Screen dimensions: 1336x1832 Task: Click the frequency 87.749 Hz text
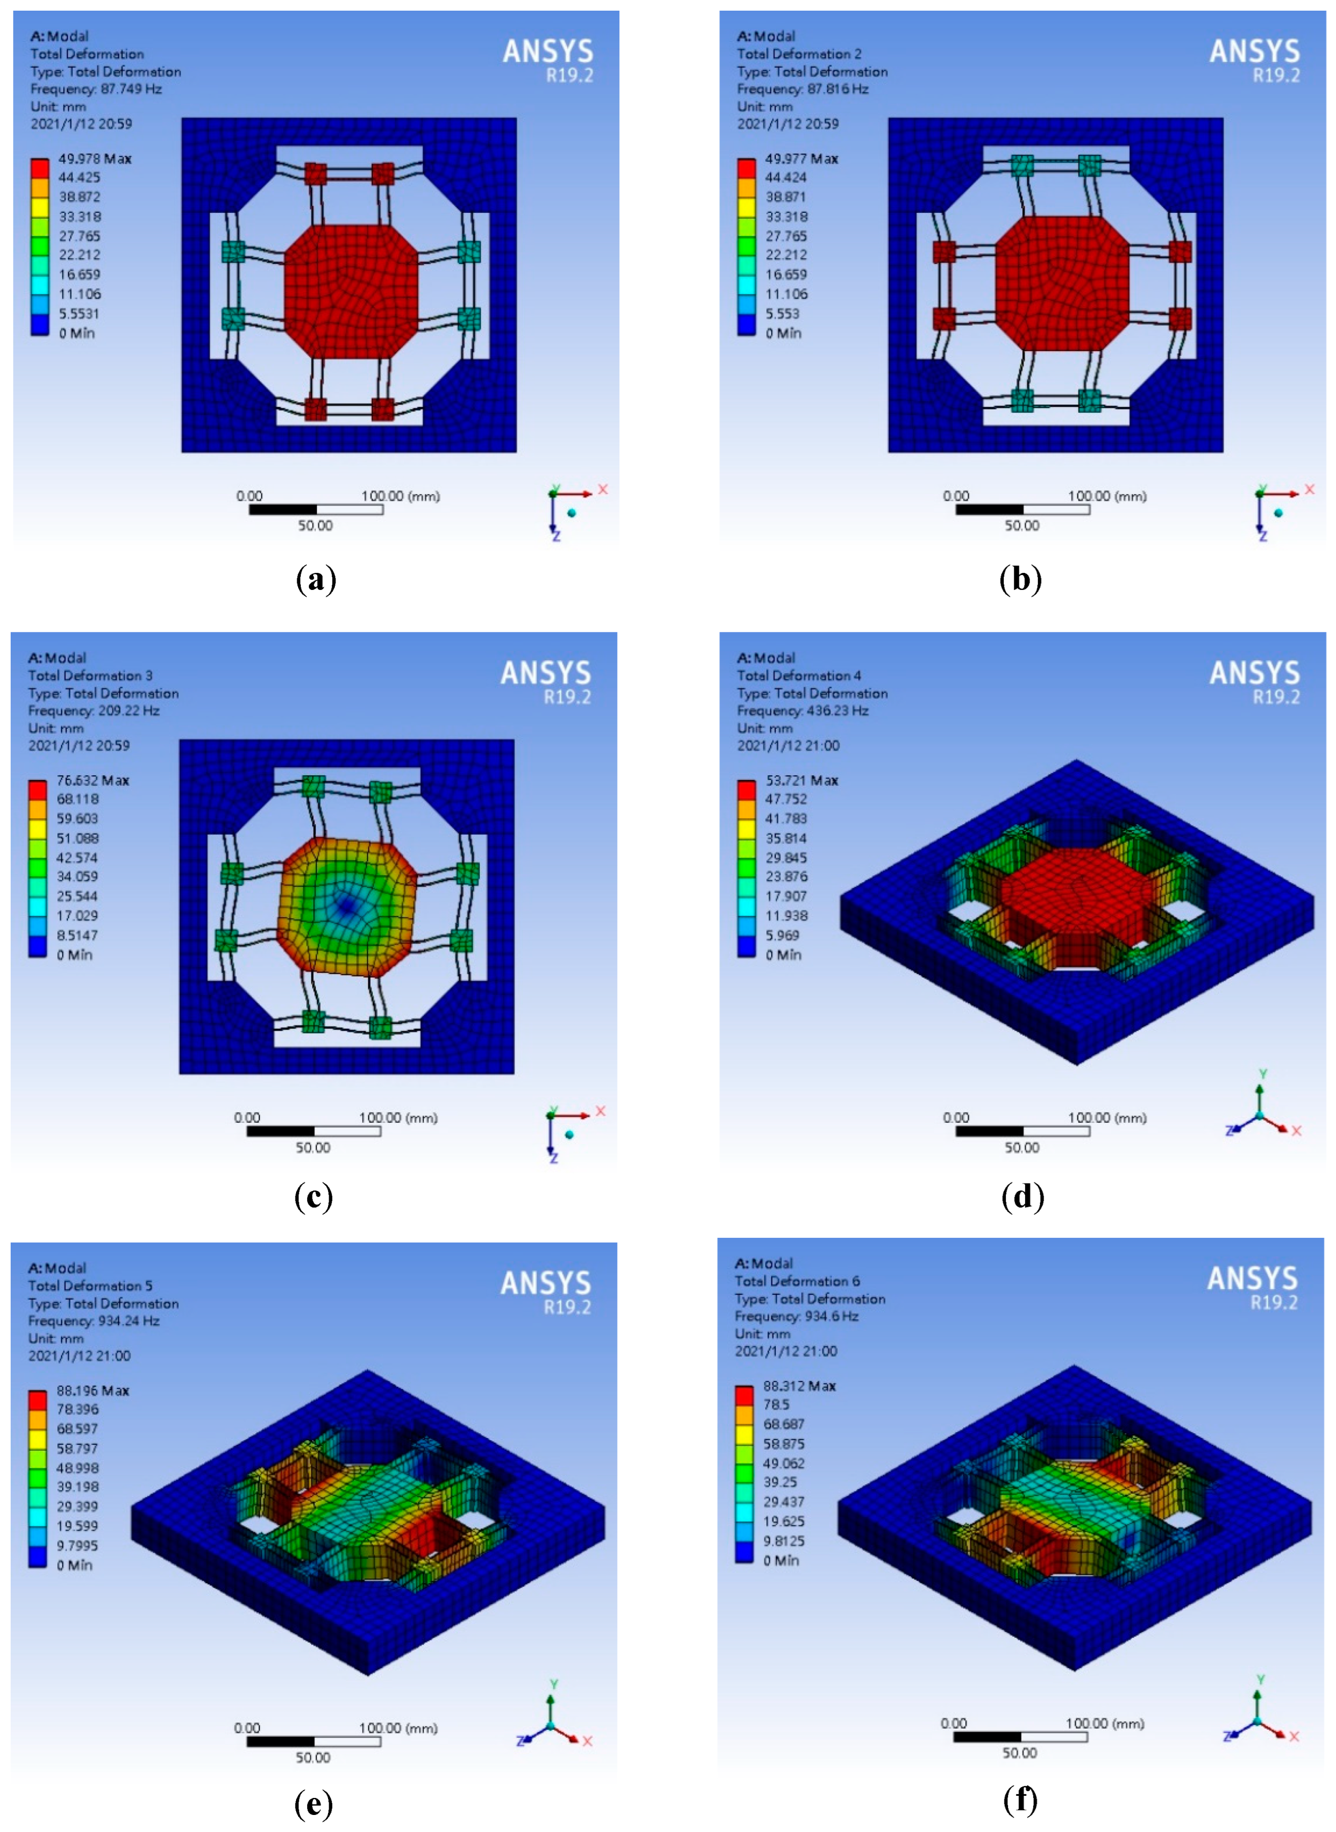(x=96, y=89)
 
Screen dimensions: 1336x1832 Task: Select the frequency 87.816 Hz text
(x=803, y=89)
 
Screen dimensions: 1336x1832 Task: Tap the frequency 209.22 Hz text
(x=94, y=711)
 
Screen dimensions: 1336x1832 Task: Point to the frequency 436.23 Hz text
(x=803, y=711)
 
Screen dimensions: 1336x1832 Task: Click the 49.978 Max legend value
(x=95, y=159)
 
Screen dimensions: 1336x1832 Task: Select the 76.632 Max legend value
(x=92, y=780)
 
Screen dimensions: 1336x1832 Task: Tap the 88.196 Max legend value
(x=92, y=1391)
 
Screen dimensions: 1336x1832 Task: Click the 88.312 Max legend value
(x=800, y=1386)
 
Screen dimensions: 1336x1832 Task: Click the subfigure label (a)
(x=316, y=580)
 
